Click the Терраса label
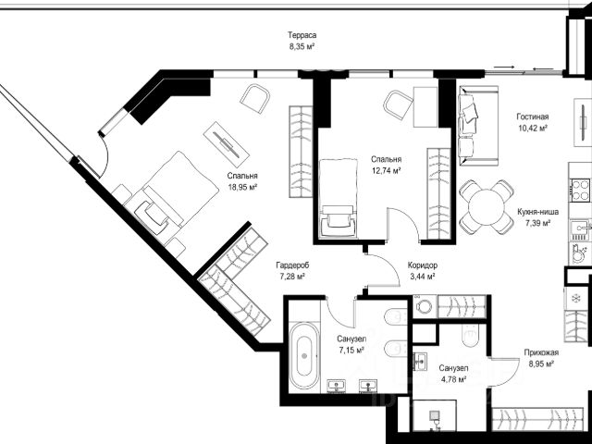pyautogui.click(x=302, y=35)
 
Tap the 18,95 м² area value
pyautogui.click(x=242, y=187)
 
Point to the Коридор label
pyautogui.click(x=423, y=265)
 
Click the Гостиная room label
pyautogui.click(x=533, y=117)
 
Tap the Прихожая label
pyautogui.click(x=541, y=353)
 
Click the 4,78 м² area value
pyautogui.click(x=453, y=379)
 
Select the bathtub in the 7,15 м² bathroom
pyautogui.click(x=304, y=355)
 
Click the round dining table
pyautogui.click(x=487, y=207)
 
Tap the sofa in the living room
pyautogui.click(x=478, y=126)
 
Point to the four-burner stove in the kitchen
pyautogui.click(x=580, y=190)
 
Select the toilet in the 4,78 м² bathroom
pyautogui.click(x=470, y=335)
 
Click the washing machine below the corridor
pyautogui.click(x=425, y=306)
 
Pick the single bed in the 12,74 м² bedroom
pyautogui.click(x=338, y=198)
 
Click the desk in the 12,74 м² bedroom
pyautogui.click(x=425, y=107)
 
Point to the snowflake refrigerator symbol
pyautogui.click(x=576, y=299)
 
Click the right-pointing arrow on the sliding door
pyautogui.click(x=504, y=67)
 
